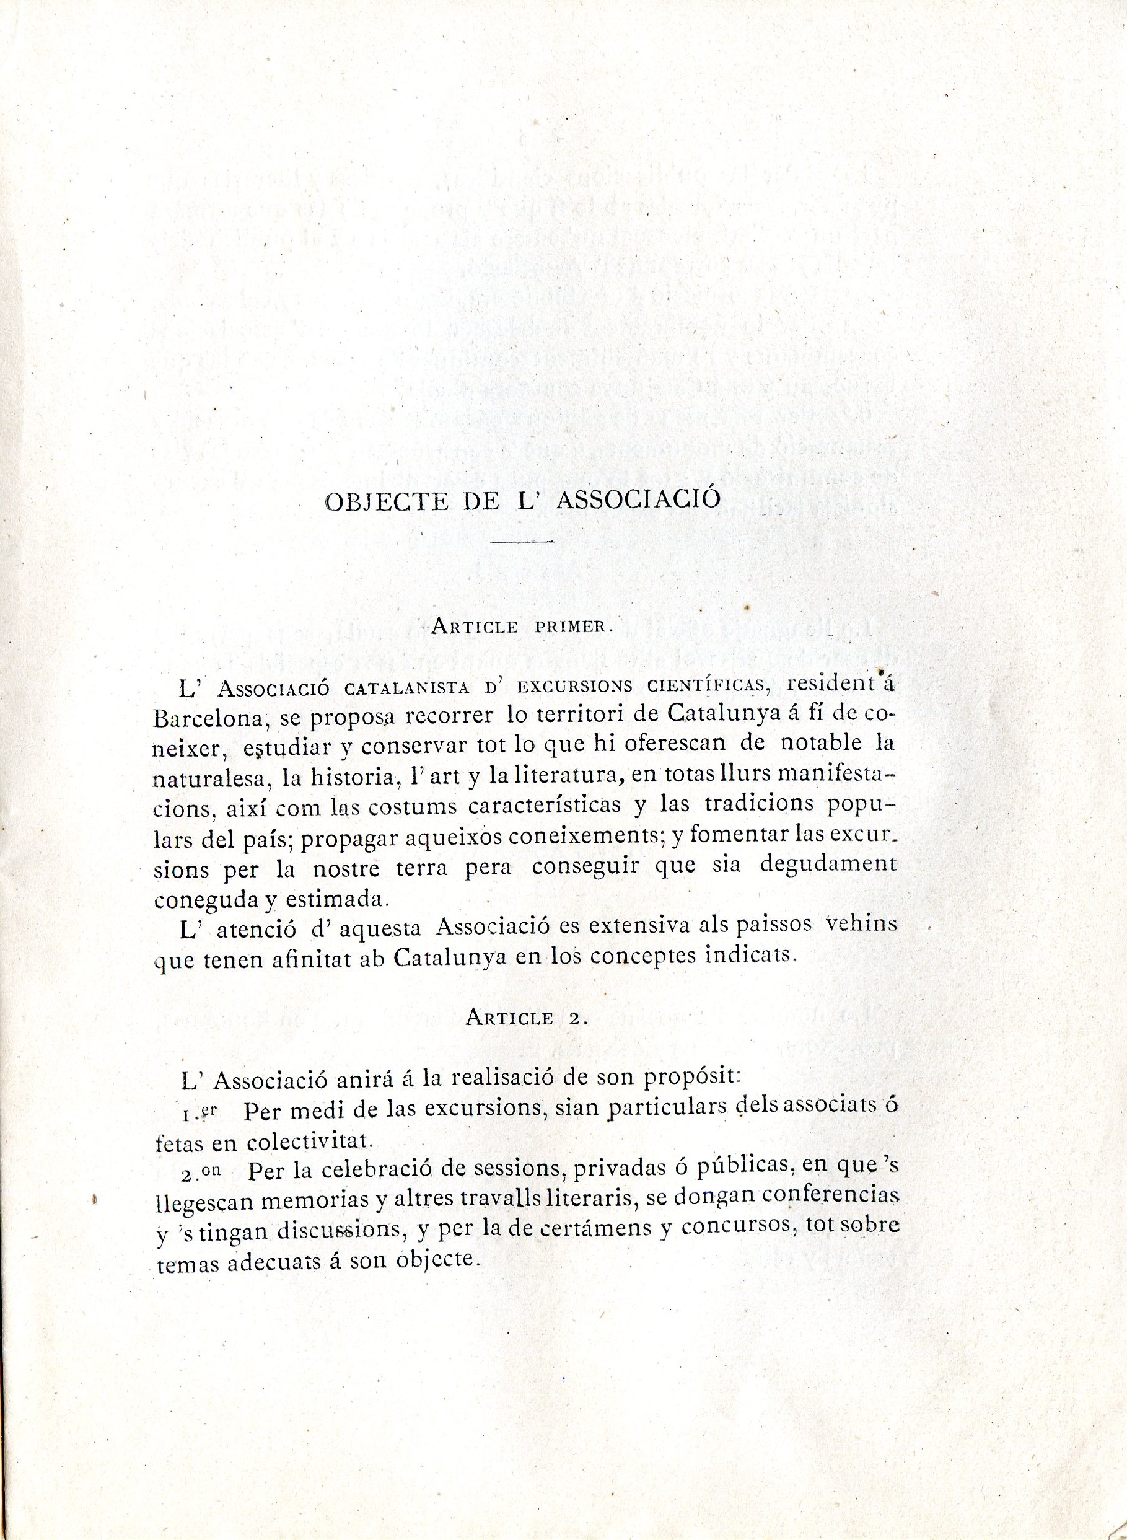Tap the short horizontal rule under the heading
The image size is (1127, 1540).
tap(522, 542)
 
